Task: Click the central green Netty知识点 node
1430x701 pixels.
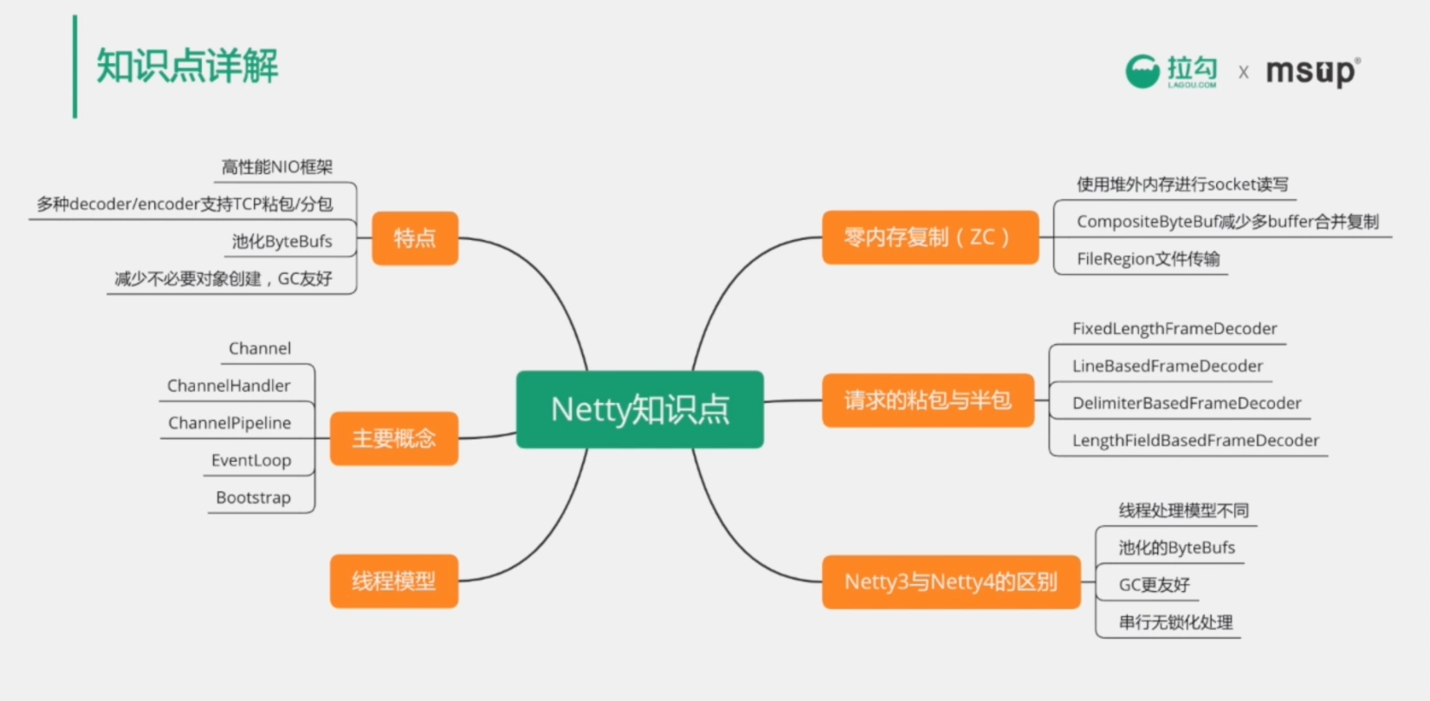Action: (x=640, y=409)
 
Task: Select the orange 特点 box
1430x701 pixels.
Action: (x=415, y=238)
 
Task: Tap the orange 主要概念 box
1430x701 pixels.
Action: (x=394, y=438)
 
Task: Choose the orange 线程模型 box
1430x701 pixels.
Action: (x=394, y=581)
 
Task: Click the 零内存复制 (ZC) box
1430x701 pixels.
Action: (x=929, y=237)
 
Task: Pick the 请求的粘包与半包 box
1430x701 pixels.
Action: (x=928, y=400)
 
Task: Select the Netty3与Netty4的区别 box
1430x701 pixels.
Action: (x=951, y=581)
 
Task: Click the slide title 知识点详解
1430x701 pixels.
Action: (x=187, y=66)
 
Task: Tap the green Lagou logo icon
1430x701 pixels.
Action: (x=1142, y=71)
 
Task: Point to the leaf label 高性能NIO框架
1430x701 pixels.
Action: (x=277, y=167)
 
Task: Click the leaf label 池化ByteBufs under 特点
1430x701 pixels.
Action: (x=281, y=242)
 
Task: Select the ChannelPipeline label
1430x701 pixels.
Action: (x=230, y=423)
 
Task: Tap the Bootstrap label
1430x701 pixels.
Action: (x=254, y=497)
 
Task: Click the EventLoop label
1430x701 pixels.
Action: (x=251, y=460)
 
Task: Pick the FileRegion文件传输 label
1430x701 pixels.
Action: (x=1148, y=258)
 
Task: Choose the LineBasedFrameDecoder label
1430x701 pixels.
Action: (x=1168, y=366)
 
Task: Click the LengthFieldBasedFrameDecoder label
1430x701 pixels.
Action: (x=1195, y=440)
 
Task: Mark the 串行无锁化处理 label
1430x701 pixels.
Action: (x=1175, y=622)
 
